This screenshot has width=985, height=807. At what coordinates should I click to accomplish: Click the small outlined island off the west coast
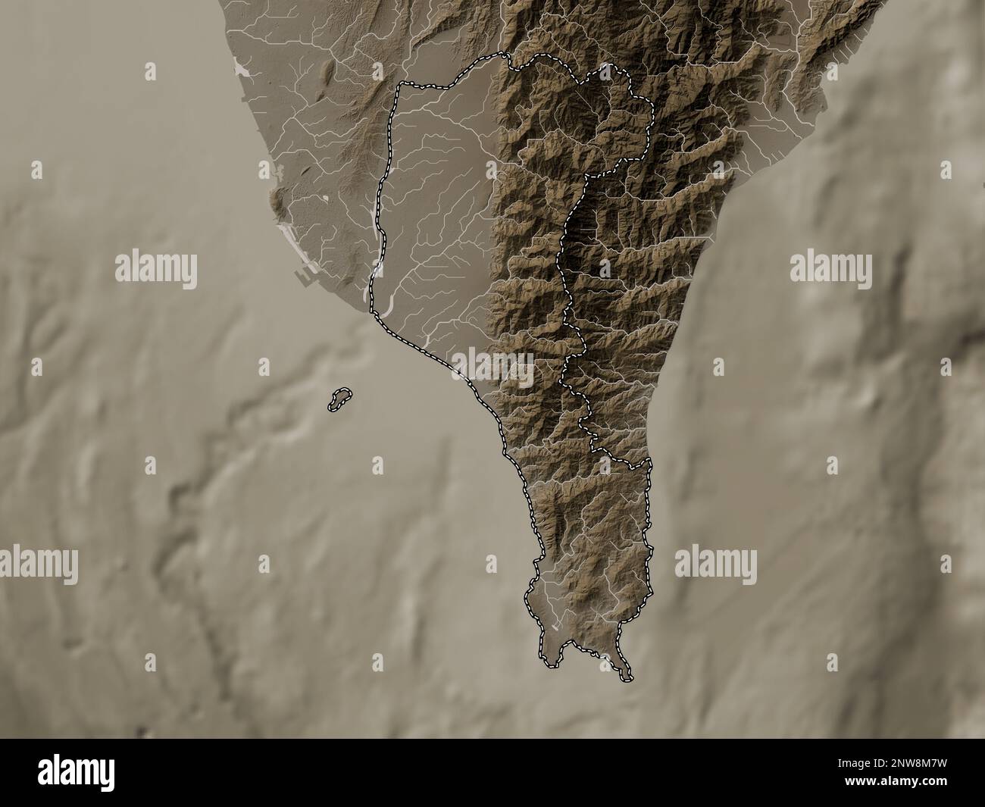pyautogui.click(x=339, y=399)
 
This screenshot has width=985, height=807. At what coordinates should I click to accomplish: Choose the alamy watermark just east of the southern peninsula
pyautogui.click(x=715, y=565)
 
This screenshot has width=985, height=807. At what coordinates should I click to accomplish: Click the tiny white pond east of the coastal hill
pyautogui.click(x=327, y=199)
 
